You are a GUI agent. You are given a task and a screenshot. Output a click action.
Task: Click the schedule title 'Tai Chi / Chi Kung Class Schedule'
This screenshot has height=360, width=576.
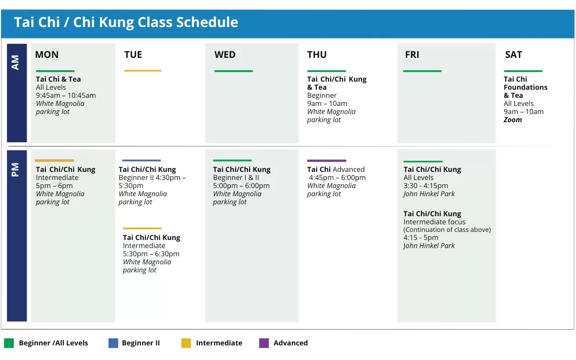pyautogui.click(x=126, y=22)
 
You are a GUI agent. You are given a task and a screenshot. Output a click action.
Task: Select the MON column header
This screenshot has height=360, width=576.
pyautogui.click(x=46, y=55)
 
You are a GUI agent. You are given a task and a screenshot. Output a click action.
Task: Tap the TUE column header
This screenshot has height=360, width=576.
pyautogui.click(x=133, y=55)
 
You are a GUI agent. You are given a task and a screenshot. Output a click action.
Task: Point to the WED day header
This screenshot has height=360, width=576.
pyautogui.click(x=225, y=55)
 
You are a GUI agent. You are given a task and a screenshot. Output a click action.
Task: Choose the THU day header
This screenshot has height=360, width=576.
pyautogui.click(x=317, y=55)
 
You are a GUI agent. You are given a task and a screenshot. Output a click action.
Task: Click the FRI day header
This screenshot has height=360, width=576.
pyautogui.click(x=412, y=55)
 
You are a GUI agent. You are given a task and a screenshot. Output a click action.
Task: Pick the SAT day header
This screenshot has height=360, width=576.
pyautogui.click(x=513, y=55)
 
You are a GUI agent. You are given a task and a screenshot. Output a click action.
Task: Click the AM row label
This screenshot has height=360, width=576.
pyautogui.click(x=15, y=63)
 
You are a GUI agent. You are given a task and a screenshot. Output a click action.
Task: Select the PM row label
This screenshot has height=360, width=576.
pyautogui.click(x=15, y=170)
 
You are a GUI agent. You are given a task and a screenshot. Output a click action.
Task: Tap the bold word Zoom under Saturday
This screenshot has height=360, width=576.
pyautogui.click(x=512, y=120)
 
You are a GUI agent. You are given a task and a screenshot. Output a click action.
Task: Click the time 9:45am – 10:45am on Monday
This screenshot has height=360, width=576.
pyautogui.click(x=66, y=96)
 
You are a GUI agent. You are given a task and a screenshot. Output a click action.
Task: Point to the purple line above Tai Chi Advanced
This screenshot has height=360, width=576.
pyautogui.click(x=326, y=161)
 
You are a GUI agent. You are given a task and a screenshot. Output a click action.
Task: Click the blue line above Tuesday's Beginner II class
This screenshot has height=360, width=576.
pyautogui.click(x=142, y=161)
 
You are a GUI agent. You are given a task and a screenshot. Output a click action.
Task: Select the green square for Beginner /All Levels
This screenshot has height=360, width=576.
pyautogui.click(x=9, y=343)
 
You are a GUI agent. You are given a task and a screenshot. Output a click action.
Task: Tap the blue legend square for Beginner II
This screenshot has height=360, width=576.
pyautogui.click(x=113, y=343)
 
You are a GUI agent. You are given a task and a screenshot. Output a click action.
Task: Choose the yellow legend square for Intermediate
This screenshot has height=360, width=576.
pyautogui.click(x=186, y=343)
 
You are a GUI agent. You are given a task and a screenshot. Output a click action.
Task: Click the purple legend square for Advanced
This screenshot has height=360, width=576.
pyautogui.click(x=264, y=343)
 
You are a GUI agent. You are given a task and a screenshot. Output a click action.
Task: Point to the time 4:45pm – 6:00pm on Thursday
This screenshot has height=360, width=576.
pyautogui.click(x=337, y=178)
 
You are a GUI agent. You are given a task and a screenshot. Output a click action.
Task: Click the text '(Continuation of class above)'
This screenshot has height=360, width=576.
pyautogui.click(x=447, y=230)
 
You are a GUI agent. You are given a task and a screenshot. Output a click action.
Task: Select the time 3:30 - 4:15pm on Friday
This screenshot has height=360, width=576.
pyautogui.click(x=426, y=186)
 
